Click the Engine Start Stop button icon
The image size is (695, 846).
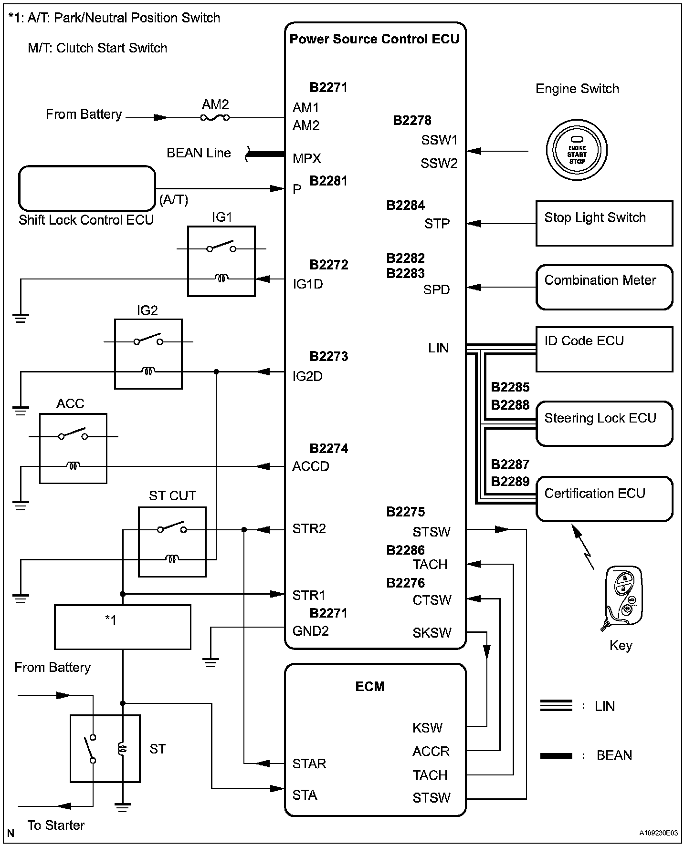click(x=577, y=151)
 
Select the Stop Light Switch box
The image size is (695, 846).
click(x=604, y=223)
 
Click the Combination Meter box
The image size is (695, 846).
click(x=604, y=287)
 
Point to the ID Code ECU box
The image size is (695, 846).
click(x=604, y=349)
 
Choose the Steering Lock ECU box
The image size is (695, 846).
click(x=604, y=423)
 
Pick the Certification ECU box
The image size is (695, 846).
click(x=604, y=498)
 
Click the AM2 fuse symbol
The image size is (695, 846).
click(x=215, y=117)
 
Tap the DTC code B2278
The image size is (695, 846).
click(x=412, y=121)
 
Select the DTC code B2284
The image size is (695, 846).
click(x=405, y=206)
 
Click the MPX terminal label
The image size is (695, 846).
click(x=306, y=159)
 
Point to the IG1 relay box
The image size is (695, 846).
click(x=221, y=261)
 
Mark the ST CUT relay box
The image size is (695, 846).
click(x=172, y=541)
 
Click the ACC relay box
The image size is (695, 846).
click(x=73, y=448)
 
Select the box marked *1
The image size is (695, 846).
click(x=123, y=627)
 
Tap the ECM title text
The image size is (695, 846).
click(x=370, y=686)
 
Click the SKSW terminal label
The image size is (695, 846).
click(x=432, y=633)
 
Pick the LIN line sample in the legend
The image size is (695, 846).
click(x=556, y=705)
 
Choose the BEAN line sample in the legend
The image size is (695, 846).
click(x=556, y=755)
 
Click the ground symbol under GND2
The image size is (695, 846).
click(x=211, y=662)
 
